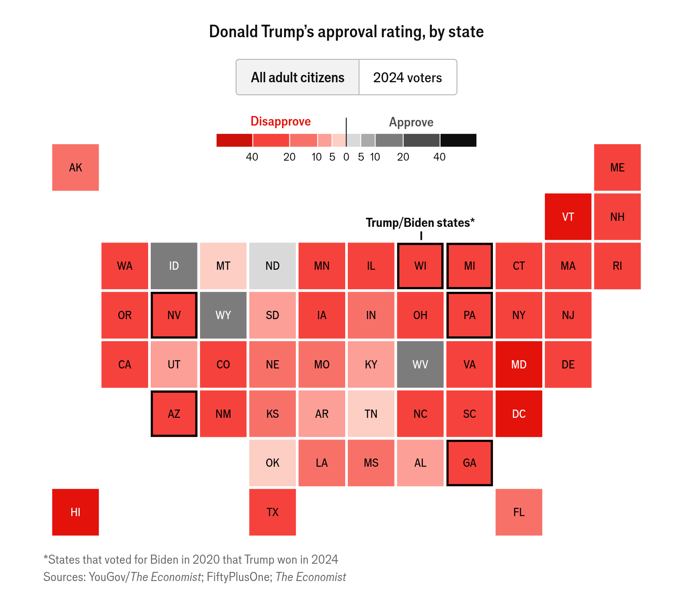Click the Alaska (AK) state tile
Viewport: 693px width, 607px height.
pyautogui.click(x=75, y=168)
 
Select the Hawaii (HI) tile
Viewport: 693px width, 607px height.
pyautogui.click(x=75, y=512)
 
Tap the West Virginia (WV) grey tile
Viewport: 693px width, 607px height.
pyautogui.click(x=420, y=365)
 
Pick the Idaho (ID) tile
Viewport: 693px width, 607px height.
pyautogui.click(x=174, y=266)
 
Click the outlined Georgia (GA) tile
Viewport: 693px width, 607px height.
pyautogui.click(x=470, y=463)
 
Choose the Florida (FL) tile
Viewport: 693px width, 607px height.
pyautogui.click(x=519, y=512)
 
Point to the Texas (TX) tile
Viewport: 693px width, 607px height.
pyautogui.click(x=272, y=512)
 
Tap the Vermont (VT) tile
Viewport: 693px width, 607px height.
pyautogui.click(x=568, y=216)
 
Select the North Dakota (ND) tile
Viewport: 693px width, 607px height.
pyautogui.click(x=272, y=266)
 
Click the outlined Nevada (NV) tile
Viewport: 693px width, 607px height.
pyautogui.click(x=174, y=315)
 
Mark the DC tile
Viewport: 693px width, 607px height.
pyautogui.click(x=519, y=414)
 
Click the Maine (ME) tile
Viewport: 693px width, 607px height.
pyautogui.click(x=618, y=168)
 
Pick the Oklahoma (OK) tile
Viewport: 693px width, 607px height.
pyautogui.click(x=272, y=463)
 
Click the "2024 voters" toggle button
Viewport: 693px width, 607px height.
pyautogui.click(x=408, y=77)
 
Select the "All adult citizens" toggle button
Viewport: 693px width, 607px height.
pyautogui.click(x=298, y=77)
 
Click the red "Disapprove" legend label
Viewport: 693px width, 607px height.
pyautogui.click(x=281, y=121)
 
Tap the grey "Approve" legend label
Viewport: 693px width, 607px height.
pyautogui.click(x=411, y=122)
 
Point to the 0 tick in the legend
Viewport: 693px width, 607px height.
pyautogui.click(x=346, y=157)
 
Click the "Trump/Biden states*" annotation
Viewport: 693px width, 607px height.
pyautogui.click(x=420, y=223)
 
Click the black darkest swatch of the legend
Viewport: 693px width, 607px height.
pyautogui.click(x=458, y=140)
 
